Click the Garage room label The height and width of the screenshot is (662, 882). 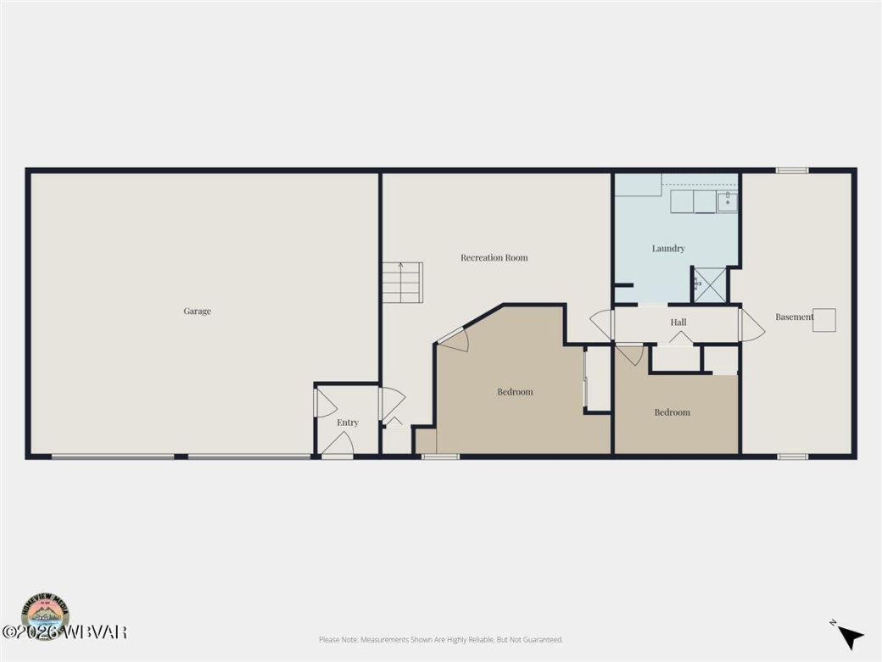click(x=197, y=311)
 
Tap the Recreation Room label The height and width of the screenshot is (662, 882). click(x=494, y=258)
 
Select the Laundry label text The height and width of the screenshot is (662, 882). click(x=668, y=249)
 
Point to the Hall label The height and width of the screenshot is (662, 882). click(x=678, y=323)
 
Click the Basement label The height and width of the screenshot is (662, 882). click(x=794, y=317)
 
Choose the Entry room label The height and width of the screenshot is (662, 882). click(x=347, y=423)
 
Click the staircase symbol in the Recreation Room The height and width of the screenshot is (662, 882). click(x=402, y=283)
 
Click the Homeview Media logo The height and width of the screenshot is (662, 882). click(x=46, y=613)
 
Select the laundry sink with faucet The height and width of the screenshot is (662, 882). click(x=728, y=201)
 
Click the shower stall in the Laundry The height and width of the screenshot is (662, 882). click(x=709, y=285)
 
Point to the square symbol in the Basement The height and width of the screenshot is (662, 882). click(x=824, y=319)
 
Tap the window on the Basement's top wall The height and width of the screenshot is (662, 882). click(x=792, y=171)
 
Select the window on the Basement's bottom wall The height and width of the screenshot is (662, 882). click(x=792, y=457)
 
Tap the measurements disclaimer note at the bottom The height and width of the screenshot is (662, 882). click(x=440, y=640)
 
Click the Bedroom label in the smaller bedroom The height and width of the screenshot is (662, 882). click(x=672, y=412)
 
